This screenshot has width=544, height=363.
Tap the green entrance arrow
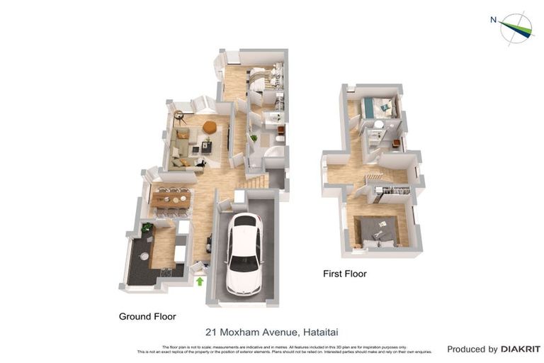200,281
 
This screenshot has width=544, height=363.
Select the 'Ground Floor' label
147,316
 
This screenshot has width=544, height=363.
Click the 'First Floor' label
345,274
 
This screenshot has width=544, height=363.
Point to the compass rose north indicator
516,28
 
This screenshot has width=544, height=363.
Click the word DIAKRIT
521,349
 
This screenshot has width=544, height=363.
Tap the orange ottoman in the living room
209,127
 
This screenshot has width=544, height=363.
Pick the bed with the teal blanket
377,108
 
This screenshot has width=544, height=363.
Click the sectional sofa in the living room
183,149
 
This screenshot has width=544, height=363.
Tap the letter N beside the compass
493,20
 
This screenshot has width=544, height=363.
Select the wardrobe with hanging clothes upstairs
392,190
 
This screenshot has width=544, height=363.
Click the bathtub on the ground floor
273,156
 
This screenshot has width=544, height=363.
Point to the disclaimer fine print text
284,349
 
